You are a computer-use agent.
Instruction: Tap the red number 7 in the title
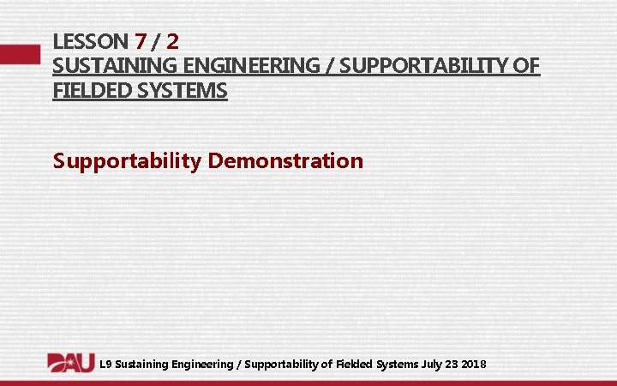tap(141, 40)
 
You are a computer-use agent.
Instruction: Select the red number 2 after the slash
tap(172, 40)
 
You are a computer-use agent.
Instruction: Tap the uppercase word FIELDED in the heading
tap(89, 90)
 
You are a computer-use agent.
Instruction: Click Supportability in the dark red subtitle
tap(127, 160)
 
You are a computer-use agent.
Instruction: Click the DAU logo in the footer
tap(70, 364)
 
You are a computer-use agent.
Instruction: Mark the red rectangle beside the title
tap(20, 53)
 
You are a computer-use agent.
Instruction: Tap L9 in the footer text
tap(105, 365)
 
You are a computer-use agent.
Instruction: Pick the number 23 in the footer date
tap(453, 365)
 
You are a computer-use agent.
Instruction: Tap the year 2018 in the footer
tap(474, 365)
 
